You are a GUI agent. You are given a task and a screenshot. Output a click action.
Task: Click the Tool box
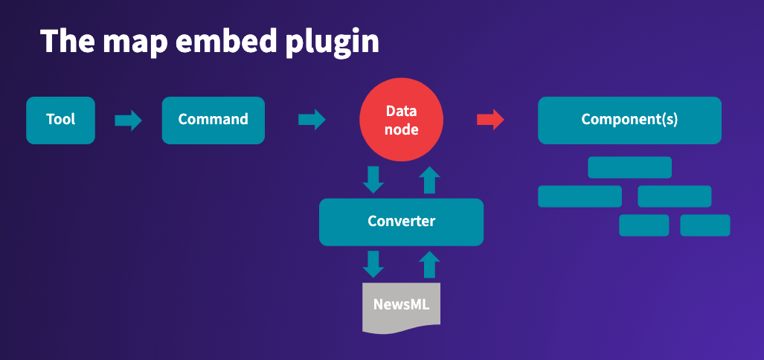(60, 120)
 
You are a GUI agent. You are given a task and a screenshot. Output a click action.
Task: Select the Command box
(213, 120)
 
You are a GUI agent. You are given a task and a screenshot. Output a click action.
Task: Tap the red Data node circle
(402, 120)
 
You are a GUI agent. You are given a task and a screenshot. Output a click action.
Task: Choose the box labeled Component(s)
(629, 120)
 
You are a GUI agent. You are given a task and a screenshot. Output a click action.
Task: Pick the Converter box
(401, 222)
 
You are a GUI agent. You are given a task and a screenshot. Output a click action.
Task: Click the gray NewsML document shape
(401, 306)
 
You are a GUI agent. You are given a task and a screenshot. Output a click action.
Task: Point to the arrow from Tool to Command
(128, 120)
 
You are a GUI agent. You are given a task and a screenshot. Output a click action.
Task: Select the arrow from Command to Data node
(312, 120)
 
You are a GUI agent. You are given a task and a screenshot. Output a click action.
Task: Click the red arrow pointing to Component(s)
(490, 120)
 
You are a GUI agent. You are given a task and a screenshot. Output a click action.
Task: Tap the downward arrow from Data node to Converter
(373, 179)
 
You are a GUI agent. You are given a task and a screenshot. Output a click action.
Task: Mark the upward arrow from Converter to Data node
(429, 179)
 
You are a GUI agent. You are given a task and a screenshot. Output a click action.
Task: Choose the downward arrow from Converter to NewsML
(373, 263)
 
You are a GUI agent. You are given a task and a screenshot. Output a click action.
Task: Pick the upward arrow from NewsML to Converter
(429, 263)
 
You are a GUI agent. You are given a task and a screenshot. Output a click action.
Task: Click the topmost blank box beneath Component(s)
(629, 167)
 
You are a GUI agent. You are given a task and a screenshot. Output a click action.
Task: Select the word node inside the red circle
(402, 130)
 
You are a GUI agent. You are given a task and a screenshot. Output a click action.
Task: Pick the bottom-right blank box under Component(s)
(704, 225)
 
